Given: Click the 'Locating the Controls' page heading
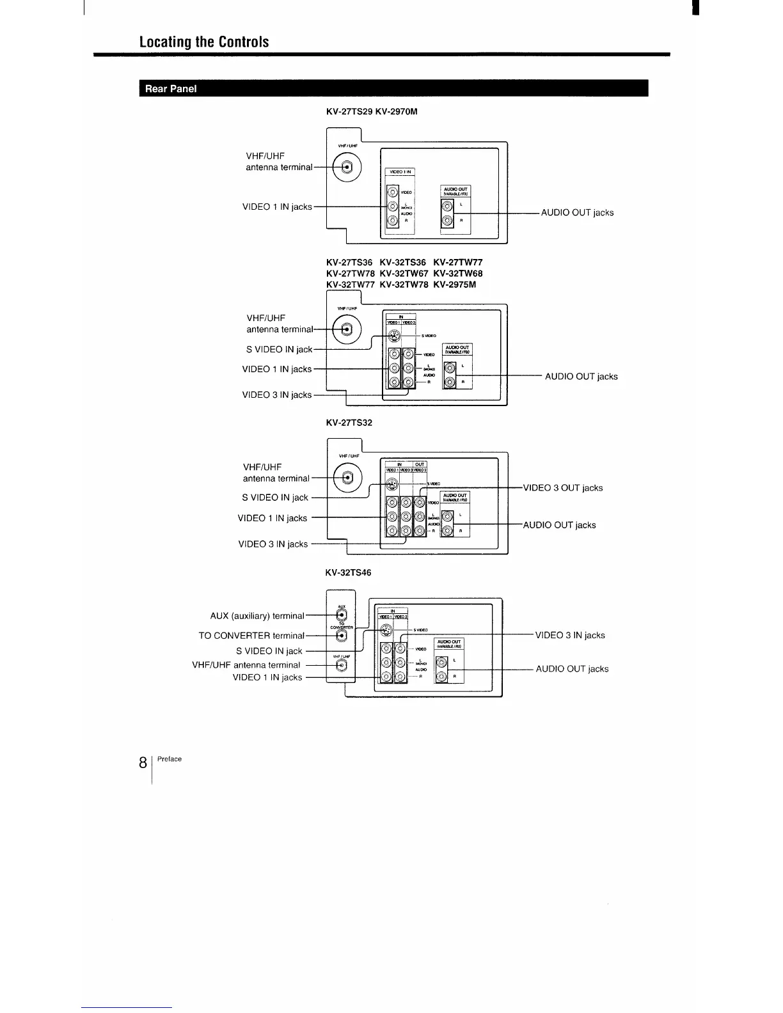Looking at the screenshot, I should click(204, 42).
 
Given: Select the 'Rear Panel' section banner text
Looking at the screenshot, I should click(170, 89).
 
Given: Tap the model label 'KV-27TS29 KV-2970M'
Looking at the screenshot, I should click(371, 112).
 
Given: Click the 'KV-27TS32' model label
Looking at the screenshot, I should click(349, 423).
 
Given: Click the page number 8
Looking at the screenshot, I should click(144, 763).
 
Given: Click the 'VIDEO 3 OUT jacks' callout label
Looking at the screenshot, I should click(562, 488).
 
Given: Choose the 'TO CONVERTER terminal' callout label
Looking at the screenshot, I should click(251, 636).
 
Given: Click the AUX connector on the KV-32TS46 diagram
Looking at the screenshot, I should click(342, 615).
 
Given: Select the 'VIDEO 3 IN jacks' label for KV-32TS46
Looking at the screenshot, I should click(569, 635).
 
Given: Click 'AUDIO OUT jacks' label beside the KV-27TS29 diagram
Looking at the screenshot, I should click(577, 213).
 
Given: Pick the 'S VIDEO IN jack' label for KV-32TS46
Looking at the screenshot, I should click(269, 651).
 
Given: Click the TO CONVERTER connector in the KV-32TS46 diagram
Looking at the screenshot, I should click(342, 636).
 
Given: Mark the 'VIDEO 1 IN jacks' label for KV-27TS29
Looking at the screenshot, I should click(277, 207).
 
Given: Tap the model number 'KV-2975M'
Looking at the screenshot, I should click(454, 285).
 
